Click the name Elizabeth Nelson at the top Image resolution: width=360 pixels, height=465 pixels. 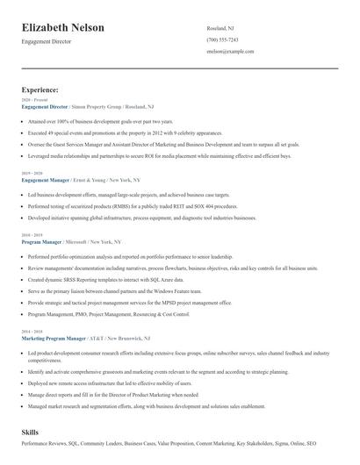(63, 27)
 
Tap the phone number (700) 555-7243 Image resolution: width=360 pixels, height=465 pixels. (222, 40)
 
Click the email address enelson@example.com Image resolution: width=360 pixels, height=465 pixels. (230, 52)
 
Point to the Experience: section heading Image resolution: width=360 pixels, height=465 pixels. (40, 89)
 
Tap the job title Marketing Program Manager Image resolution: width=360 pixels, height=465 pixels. (54, 337)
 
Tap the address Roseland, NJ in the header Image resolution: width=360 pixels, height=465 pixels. (220, 28)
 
